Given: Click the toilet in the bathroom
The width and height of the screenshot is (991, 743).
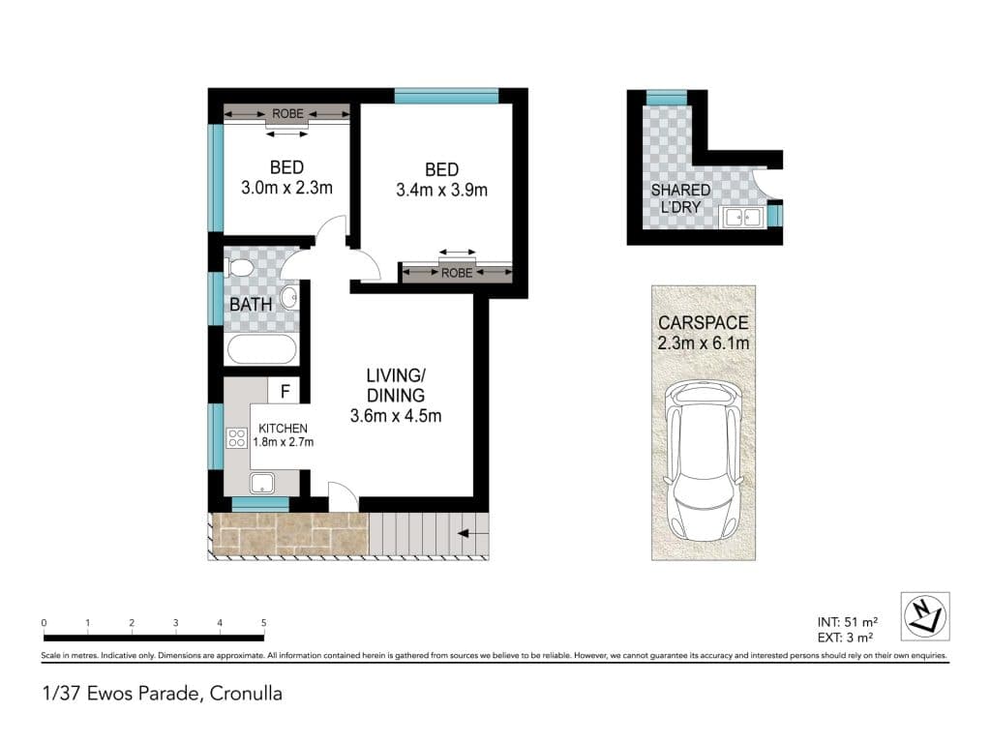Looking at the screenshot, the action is pos(240,268).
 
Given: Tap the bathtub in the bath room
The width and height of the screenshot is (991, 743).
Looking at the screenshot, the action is pos(261,348).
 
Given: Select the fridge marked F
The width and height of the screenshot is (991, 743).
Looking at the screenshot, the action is pos(284,392).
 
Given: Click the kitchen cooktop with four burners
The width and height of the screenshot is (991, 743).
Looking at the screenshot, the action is pos(237,438).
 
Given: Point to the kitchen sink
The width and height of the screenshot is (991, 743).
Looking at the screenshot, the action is pos(262,484).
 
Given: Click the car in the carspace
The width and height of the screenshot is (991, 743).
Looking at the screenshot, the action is pos(703,461).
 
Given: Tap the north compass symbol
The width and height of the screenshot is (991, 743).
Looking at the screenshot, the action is pos(924,616).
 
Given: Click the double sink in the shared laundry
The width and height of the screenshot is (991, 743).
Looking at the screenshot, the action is pos(742,217).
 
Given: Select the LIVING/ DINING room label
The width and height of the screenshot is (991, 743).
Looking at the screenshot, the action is pos(396,385).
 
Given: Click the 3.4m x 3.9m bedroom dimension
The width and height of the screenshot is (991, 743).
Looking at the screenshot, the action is pos(441,191).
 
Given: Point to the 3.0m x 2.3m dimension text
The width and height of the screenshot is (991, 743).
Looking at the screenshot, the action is pos(286,188).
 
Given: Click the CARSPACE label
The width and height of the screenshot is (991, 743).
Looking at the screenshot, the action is pos(703,323).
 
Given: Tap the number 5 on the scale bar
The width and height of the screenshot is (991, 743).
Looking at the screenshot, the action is pos(263,623).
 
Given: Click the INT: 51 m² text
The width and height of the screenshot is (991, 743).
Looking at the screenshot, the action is pos(848,622).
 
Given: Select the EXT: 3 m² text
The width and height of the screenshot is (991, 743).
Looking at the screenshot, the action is pos(845,639).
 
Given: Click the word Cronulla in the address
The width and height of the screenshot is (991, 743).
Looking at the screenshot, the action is pos(246,694).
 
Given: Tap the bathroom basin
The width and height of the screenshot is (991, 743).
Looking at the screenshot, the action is pos(289,297).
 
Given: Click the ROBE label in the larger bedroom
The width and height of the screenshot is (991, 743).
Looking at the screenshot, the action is pos(457,273).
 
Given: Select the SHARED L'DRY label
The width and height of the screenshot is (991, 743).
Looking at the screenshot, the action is pos(680,198).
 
